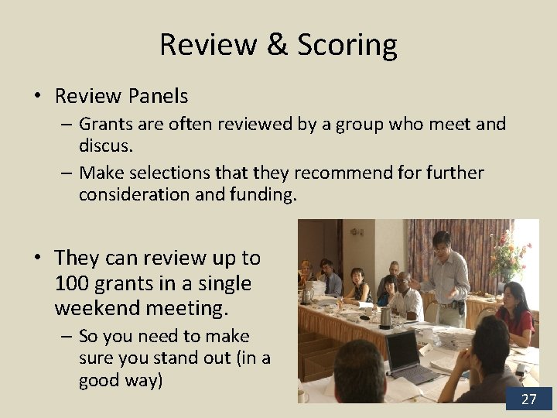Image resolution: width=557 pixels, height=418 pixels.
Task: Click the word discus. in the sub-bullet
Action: tap(105, 144)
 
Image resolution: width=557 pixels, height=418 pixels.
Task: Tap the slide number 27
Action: tap(528, 399)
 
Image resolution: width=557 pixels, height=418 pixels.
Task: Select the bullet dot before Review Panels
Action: tap(37, 97)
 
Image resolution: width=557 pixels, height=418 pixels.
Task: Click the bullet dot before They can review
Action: tap(37, 259)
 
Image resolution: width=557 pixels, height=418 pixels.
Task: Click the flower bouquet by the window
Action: tap(510, 256)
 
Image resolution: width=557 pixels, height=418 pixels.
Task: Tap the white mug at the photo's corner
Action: tap(302, 396)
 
